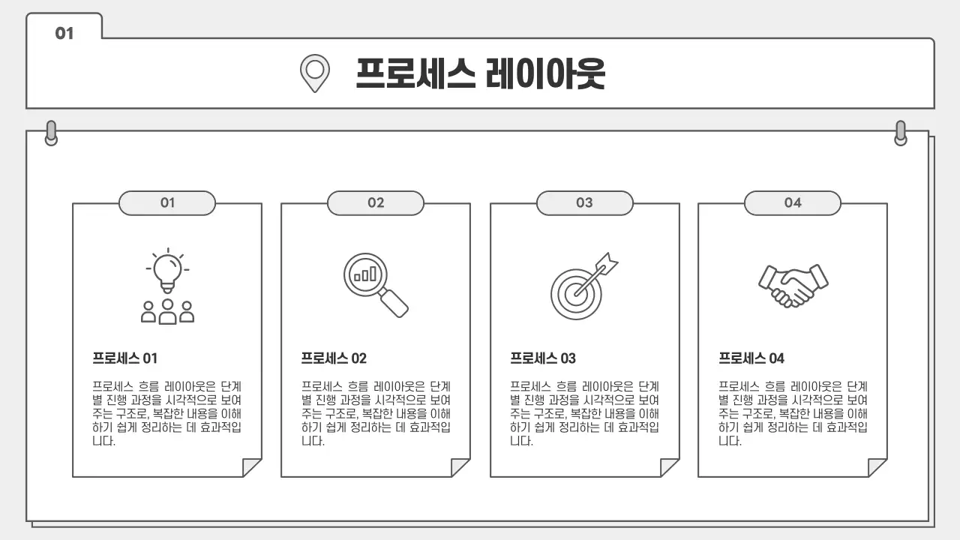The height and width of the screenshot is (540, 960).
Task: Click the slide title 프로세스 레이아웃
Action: point(480,73)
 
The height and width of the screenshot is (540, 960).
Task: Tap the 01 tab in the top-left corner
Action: point(64,33)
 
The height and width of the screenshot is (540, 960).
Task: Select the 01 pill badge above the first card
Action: point(167,202)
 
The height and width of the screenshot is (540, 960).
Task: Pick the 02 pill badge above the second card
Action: point(376,202)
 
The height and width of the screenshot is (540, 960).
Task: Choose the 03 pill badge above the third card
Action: point(584,202)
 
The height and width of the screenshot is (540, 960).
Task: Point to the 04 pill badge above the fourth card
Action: point(793,202)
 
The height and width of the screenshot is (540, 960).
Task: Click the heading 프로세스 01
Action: point(125,358)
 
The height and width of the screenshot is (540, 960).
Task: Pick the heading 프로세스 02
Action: point(334,358)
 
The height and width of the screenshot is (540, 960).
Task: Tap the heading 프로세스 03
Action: point(543,358)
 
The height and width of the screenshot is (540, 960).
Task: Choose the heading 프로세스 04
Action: point(751,358)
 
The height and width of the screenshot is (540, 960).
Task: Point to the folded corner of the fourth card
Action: point(877,467)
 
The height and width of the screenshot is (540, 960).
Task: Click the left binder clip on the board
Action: point(51,133)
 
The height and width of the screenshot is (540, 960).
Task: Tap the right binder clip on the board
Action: point(901,133)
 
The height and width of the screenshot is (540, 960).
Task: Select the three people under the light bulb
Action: point(168,311)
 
